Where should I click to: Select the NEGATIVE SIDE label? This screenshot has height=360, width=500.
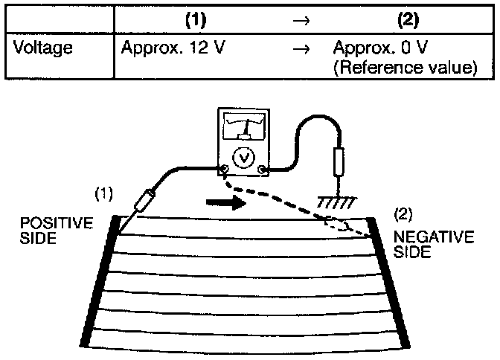click(x=422, y=245)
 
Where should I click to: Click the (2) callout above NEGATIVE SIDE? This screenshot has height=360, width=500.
click(x=403, y=215)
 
